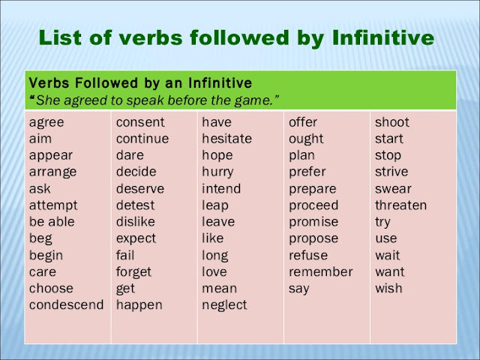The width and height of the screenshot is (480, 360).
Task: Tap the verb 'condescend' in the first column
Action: point(66,304)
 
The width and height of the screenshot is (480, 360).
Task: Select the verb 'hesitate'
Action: point(226,139)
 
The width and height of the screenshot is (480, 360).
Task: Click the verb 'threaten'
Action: point(400,205)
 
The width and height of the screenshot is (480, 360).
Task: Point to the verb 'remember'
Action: point(320,271)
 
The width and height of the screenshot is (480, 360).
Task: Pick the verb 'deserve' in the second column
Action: point(139,188)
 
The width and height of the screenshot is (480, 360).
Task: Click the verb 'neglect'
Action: point(224,304)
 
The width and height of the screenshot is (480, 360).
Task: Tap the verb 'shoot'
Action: point(392,122)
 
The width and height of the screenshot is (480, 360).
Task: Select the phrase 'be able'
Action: point(52,222)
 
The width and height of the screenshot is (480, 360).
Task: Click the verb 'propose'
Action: point(313,238)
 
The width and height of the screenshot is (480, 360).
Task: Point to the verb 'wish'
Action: point(388,288)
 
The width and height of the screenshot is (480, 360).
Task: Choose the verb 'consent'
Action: point(140,122)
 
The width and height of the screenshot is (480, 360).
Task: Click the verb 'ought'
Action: point(306,139)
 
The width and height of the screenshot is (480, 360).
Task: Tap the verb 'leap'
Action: point(215,205)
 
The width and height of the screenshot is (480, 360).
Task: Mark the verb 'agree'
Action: point(46,122)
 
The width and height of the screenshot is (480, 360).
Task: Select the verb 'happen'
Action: point(139,304)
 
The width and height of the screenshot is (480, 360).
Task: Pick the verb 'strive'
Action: point(391,172)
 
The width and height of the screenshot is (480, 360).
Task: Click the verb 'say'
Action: point(299,288)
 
